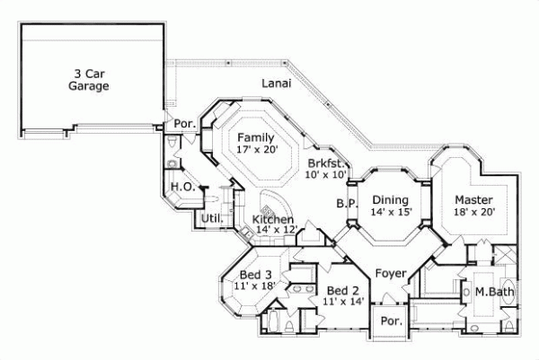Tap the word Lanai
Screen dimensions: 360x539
[276, 83]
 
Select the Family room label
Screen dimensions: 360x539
[256, 137]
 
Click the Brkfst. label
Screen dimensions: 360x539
[324, 163]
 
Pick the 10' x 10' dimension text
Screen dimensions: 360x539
[324, 175]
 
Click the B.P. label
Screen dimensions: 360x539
[348, 204]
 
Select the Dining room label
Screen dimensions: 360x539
[391, 199]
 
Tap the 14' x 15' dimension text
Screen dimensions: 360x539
[391, 212]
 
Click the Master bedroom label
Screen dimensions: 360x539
[472, 199]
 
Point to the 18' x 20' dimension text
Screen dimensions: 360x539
[472, 212]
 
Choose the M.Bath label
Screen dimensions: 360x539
[493, 291]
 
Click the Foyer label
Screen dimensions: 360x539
[391, 273]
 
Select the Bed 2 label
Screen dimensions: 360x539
[343, 291]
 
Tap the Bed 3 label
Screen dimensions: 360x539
[255, 274]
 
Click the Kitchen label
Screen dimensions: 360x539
[272, 219]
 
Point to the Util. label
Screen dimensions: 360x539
[211, 218]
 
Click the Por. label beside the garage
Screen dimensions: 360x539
[185, 123]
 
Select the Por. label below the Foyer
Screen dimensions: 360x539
[390, 320]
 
